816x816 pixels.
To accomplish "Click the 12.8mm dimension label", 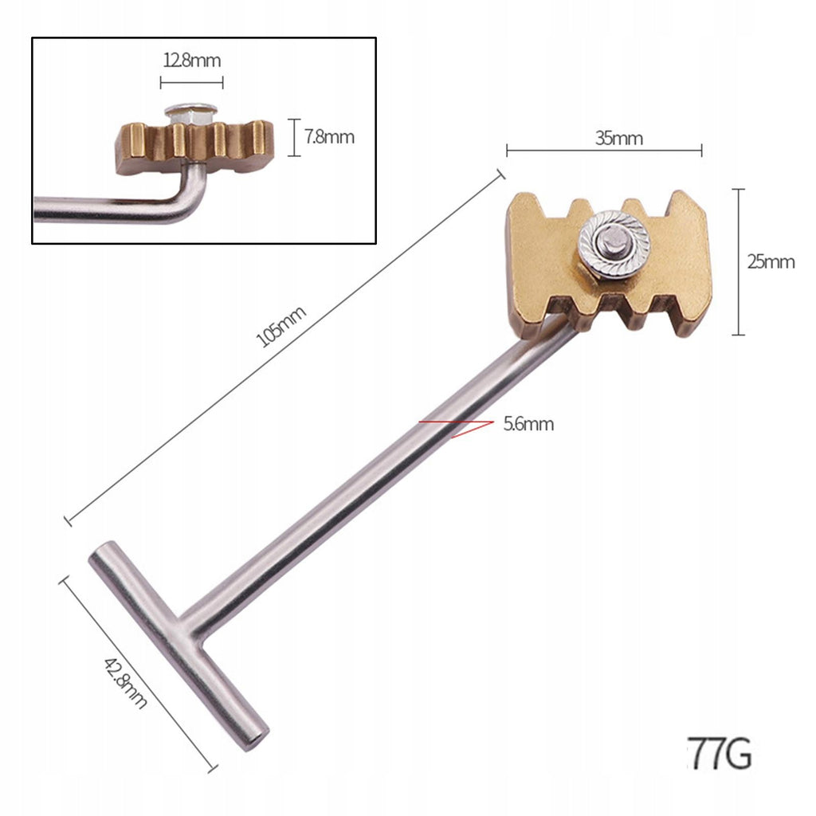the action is [192, 61].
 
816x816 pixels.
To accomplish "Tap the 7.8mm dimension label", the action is [329, 137].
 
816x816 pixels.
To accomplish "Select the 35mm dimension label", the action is [619, 139].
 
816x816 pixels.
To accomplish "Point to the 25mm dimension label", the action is [771, 261].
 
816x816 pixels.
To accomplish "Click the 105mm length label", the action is [281, 326].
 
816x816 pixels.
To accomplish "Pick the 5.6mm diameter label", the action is [528, 424].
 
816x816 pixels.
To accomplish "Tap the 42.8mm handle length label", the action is [125, 683].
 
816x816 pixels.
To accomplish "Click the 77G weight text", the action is [720, 753].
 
